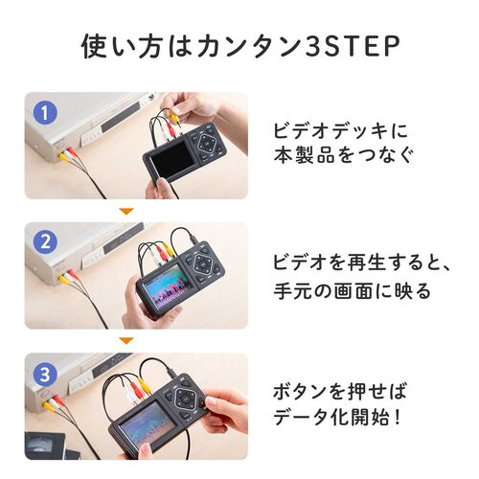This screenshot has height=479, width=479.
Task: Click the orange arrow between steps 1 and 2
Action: point(124,210)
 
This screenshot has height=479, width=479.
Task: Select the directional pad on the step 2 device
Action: point(204,265)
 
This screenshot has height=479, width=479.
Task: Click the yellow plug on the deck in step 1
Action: point(61,150)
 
